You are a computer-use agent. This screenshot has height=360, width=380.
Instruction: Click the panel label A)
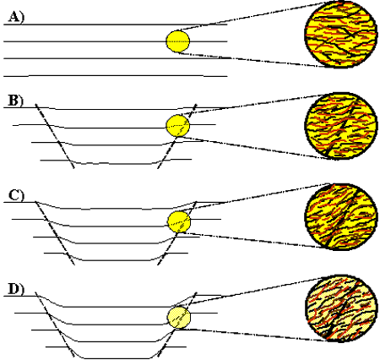click(16, 17)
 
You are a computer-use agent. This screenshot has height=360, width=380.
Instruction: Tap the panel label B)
click(15, 101)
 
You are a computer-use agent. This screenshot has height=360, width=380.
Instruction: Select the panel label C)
click(16, 195)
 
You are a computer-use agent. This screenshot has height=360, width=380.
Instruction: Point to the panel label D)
click(16, 289)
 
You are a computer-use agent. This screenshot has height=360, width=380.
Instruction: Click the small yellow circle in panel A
click(178, 41)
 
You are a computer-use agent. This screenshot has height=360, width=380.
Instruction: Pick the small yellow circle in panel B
click(178, 126)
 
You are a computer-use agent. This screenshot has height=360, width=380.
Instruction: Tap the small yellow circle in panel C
click(179, 221)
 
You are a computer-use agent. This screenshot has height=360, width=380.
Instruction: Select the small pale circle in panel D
click(179, 318)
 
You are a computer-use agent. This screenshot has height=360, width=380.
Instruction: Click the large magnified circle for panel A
click(341, 35)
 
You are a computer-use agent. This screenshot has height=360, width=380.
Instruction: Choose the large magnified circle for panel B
click(341, 126)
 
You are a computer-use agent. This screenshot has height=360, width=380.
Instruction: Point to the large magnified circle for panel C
click(341, 216)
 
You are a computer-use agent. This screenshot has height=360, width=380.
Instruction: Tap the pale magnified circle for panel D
click(341, 308)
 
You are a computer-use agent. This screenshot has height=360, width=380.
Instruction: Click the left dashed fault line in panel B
click(55, 136)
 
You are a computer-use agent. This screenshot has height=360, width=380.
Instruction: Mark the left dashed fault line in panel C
click(55, 232)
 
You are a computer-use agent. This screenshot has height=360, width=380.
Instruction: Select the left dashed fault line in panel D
click(55, 325)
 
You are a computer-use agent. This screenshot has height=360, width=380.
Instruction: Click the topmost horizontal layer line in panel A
click(116, 25)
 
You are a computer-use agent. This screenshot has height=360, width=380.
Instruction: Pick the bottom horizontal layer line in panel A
click(116, 76)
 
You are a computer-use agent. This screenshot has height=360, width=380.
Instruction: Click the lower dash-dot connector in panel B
click(254, 148)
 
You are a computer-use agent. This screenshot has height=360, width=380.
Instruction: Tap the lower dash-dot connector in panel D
click(253, 335)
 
